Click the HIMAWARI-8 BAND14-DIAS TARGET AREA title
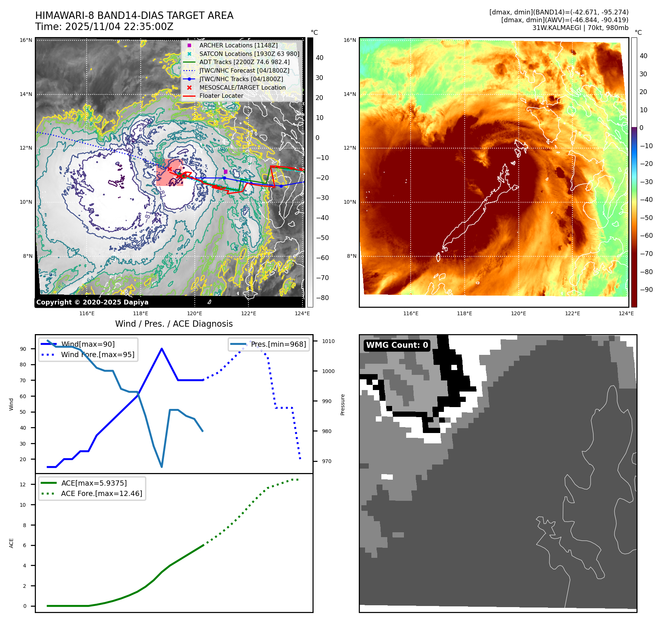coord(134,16)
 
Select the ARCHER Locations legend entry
coord(238,45)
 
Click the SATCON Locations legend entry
coord(249,54)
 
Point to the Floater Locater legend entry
coord(221,96)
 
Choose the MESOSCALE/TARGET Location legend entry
coord(242,87)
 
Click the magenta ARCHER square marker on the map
coord(225,172)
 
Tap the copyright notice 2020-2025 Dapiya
coord(92,302)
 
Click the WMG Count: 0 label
coord(397,345)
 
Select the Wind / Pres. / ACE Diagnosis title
coord(174,324)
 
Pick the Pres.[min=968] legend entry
coord(278,344)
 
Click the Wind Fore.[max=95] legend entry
coord(97,354)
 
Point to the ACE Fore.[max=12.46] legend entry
coord(101,493)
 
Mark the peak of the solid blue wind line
coord(162,349)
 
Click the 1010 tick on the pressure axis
coord(328,341)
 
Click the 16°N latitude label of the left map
coord(26,40)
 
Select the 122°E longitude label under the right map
coord(572,313)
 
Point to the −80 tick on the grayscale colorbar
coord(322,298)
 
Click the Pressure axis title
coord(343,404)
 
